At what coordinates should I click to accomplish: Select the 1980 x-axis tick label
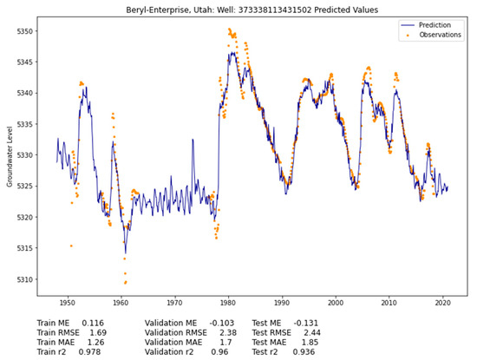tap(228, 304)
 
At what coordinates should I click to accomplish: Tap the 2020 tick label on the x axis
tap(443, 304)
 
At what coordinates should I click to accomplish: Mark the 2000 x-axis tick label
tap(336, 304)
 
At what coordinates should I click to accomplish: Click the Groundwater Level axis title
tap(8, 156)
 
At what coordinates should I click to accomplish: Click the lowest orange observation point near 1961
tap(125, 282)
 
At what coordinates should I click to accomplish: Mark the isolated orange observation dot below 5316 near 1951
tap(71, 246)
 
